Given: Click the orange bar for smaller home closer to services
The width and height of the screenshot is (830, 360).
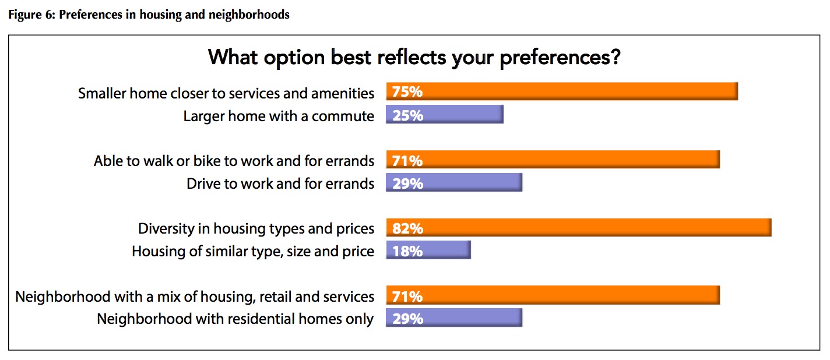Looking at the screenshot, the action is pyautogui.click(x=562, y=91).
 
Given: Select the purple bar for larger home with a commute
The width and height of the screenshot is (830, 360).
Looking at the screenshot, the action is pyautogui.click(x=445, y=114).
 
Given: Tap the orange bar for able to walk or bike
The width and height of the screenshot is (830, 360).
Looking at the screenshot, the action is pyautogui.click(x=553, y=159).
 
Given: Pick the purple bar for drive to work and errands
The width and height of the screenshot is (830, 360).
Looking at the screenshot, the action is pyautogui.click(x=454, y=182).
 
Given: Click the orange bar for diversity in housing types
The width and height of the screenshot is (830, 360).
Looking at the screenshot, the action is pyautogui.click(x=579, y=227).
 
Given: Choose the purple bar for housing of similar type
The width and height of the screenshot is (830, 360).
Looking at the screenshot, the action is pyautogui.click(x=428, y=250).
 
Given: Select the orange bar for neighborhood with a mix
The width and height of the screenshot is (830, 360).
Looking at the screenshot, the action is pyautogui.click(x=553, y=295).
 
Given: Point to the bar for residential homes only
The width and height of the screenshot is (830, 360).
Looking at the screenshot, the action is pyautogui.click(x=454, y=317).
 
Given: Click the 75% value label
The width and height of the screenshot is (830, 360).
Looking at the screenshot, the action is pyautogui.click(x=407, y=91).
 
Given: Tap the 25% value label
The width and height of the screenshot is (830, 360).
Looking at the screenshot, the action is pyautogui.click(x=407, y=115).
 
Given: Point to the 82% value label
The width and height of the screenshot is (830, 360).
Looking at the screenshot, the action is pyautogui.click(x=407, y=228).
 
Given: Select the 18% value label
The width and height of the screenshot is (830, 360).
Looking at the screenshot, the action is pyautogui.click(x=407, y=252).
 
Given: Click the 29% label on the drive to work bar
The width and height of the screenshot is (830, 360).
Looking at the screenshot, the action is pyautogui.click(x=407, y=183).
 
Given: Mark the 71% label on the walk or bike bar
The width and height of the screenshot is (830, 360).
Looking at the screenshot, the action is pyautogui.click(x=407, y=161).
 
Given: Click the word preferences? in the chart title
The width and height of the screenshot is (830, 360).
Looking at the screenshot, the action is pyautogui.click(x=560, y=58).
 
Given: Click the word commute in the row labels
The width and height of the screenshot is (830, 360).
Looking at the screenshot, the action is pyautogui.click(x=343, y=117).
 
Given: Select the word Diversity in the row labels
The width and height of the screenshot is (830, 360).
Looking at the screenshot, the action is pyautogui.click(x=166, y=228).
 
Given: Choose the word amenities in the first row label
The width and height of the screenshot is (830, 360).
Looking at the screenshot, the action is pyautogui.click(x=343, y=93).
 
